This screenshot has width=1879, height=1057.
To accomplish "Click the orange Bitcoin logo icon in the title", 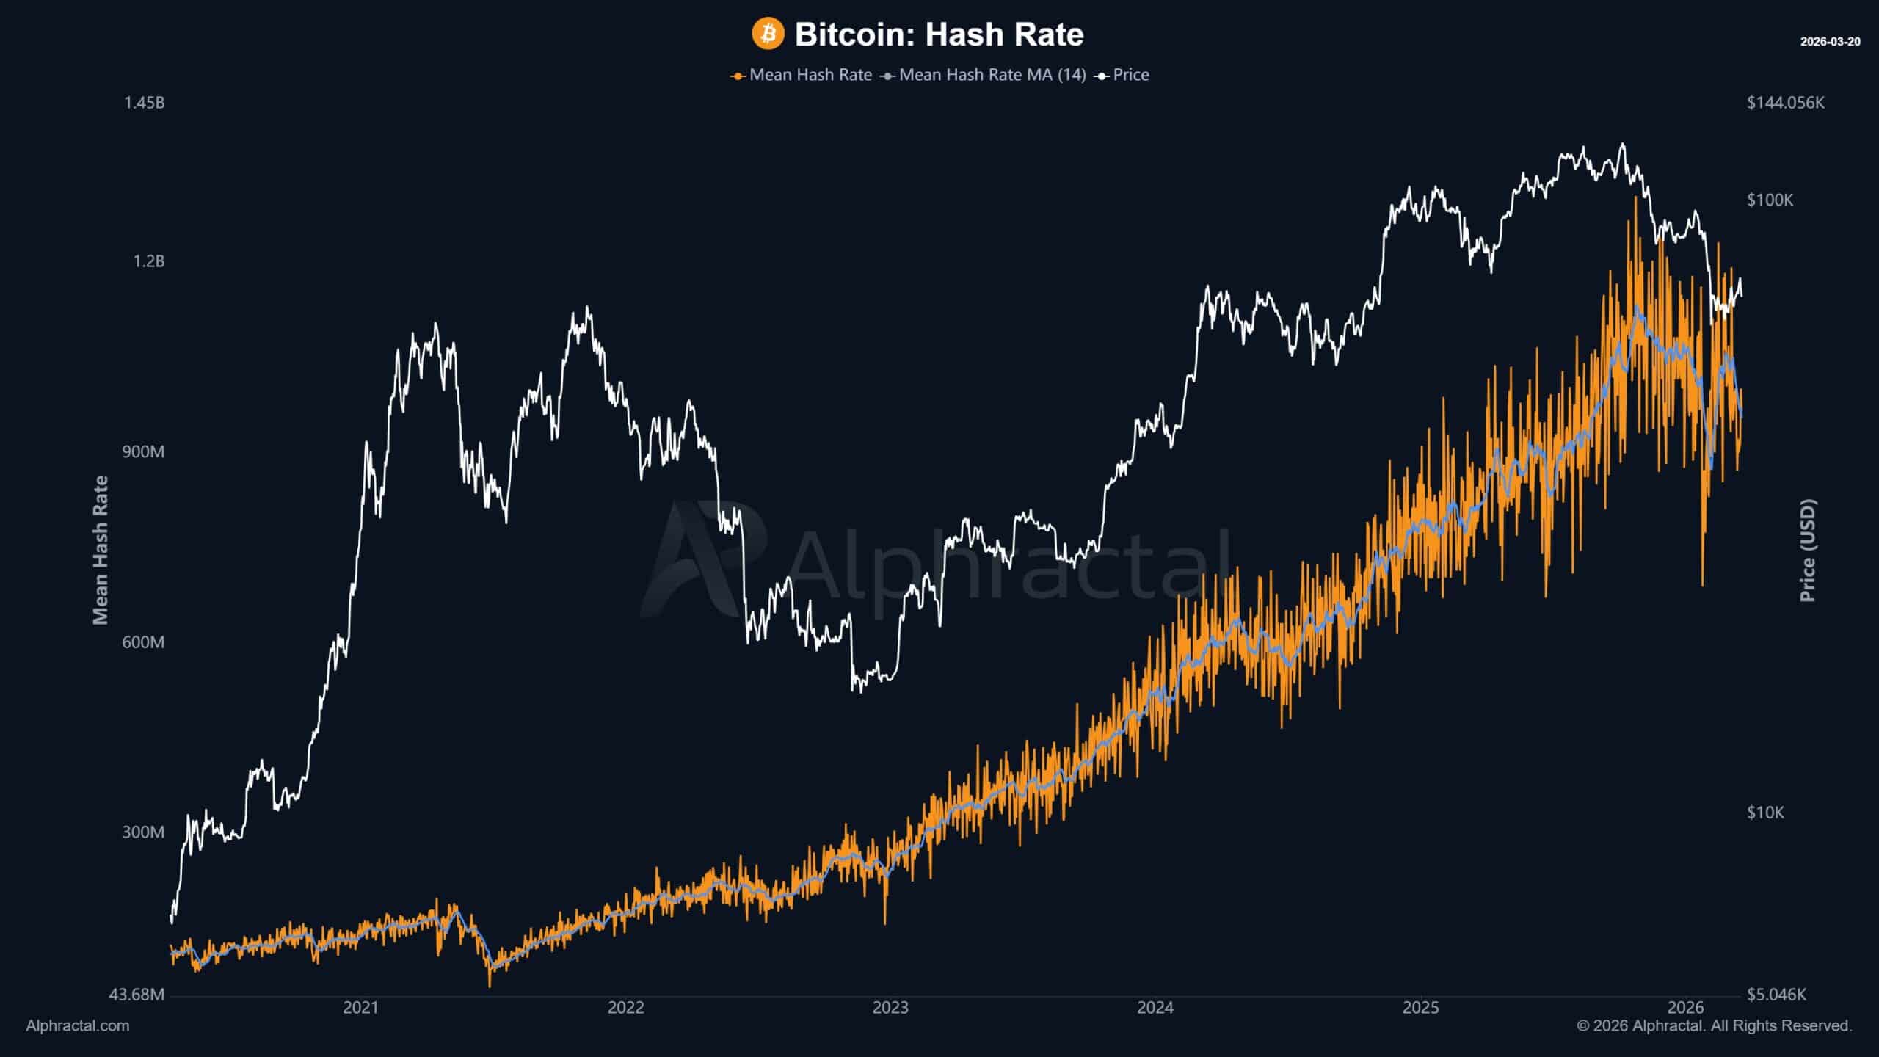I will tap(768, 34).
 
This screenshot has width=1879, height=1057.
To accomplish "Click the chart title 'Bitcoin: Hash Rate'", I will tap(939, 34).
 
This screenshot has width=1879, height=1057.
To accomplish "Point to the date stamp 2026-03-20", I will tap(1830, 42).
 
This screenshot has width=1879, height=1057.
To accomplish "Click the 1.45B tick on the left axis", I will tap(144, 103).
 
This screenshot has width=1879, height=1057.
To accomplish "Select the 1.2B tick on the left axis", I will tap(148, 261).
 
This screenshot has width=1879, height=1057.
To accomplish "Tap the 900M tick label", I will tap(143, 451).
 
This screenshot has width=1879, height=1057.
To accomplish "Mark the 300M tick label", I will tap(143, 832).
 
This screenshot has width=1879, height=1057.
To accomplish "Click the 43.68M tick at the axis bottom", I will tap(137, 995).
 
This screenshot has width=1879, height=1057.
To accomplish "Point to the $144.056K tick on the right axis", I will tap(1785, 103).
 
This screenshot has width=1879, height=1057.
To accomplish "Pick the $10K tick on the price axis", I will tap(1765, 812).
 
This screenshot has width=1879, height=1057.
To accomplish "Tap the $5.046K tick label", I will tap(1776, 995).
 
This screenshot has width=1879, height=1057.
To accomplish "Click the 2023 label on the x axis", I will tap(890, 1008).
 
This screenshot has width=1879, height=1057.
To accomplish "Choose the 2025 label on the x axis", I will tap(1421, 1008).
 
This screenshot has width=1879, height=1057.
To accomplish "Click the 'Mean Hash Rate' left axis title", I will tap(101, 551).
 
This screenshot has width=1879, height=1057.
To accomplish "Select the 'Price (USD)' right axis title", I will tap(1808, 551).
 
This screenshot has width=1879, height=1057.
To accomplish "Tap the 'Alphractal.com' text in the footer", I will tap(78, 1026).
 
